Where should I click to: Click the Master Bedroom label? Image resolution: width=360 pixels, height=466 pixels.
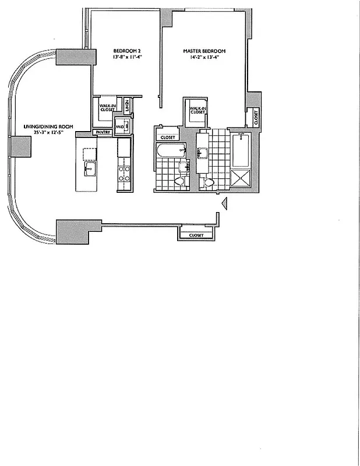click(x=204, y=51)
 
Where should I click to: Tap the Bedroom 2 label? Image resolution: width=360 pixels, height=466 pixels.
click(x=126, y=51)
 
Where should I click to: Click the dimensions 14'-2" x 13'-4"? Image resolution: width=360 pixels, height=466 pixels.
click(x=204, y=58)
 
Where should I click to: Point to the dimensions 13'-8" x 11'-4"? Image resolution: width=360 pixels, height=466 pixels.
click(x=126, y=58)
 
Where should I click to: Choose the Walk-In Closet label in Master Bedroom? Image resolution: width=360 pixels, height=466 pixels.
click(x=195, y=110)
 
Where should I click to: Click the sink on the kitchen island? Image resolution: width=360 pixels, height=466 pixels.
click(x=90, y=170)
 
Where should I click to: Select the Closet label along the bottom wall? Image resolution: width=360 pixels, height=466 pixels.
click(x=196, y=235)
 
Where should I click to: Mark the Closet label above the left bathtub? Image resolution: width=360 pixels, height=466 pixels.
click(x=168, y=137)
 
